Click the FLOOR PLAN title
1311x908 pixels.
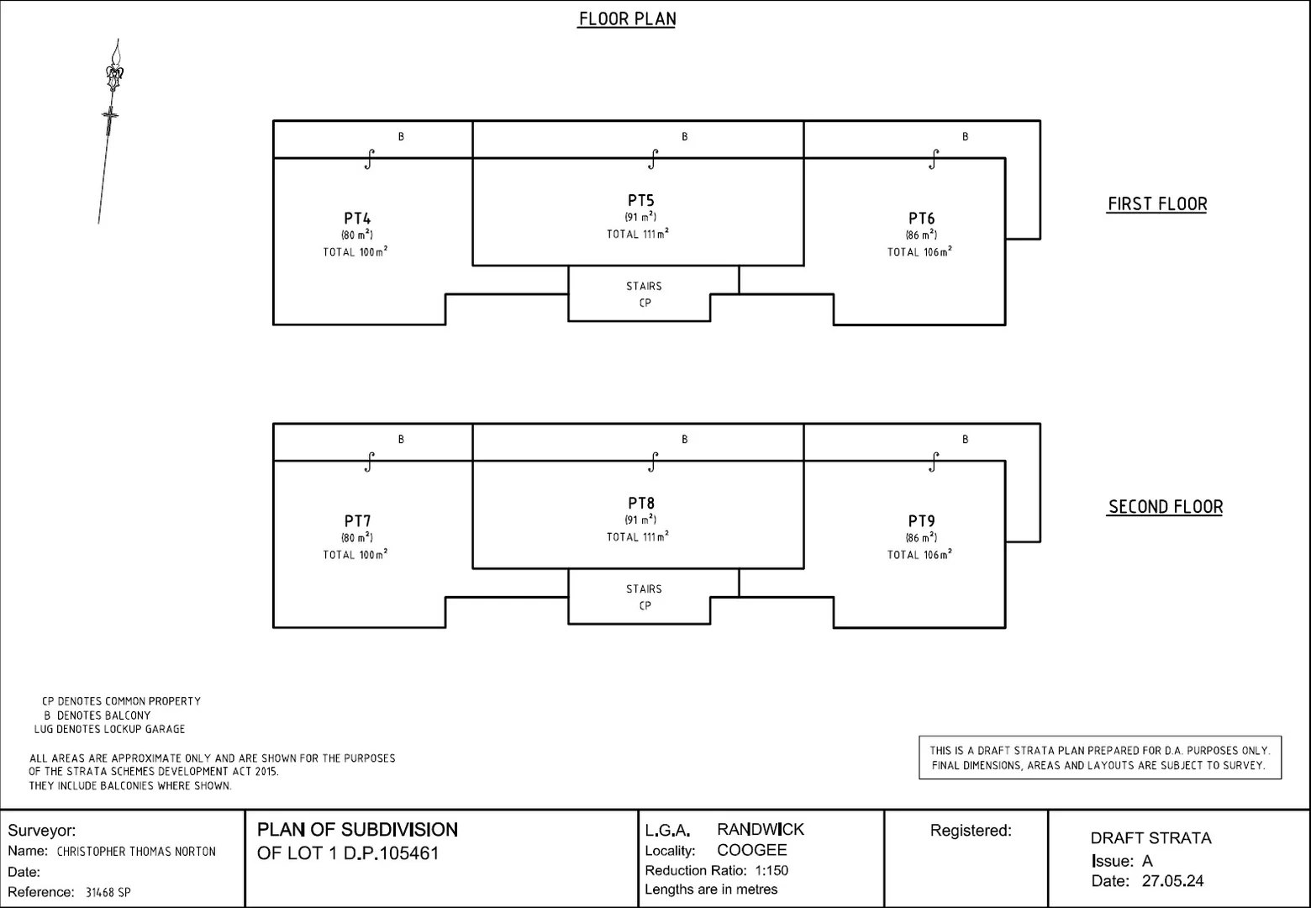click(627, 19)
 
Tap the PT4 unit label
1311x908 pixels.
click(357, 219)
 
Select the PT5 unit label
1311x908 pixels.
click(641, 201)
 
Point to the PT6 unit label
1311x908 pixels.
click(921, 219)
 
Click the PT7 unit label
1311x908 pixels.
click(357, 521)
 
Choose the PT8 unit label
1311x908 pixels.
click(641, 504)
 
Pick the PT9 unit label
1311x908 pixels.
click(921, 521)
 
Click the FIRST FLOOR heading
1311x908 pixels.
click(1157, 204)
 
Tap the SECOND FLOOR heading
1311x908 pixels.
click(1166, 507)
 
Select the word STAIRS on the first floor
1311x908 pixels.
click(644, 287)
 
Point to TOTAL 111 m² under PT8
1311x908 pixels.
click(637, 536)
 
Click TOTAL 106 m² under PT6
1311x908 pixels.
click(919, 251)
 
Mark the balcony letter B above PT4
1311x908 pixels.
click(401, 136)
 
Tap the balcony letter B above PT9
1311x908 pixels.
click(965, 439)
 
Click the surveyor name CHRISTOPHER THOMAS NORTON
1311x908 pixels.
click(136, 852)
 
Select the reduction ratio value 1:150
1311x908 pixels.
click(771, 870)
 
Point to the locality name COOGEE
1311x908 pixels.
click(752, 850)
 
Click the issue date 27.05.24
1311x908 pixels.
click(1172, 881)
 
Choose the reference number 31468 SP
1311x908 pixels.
click(108, 892)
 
